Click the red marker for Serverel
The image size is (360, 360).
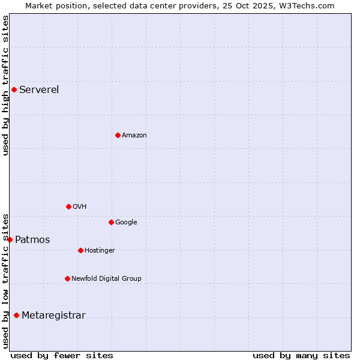[14, 90]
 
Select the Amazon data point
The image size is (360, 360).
[118, 135]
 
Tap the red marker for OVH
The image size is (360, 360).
[68, 206]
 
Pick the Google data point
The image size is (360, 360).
[111, 222]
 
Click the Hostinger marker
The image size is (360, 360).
[80, 250]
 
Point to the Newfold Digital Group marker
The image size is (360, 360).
[67, 278]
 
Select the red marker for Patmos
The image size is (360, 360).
[10, 239]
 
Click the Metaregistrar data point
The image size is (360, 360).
[16, 315]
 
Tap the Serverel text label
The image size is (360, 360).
[39, 90]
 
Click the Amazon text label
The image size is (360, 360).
[134, 135]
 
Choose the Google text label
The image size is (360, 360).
[126, 222]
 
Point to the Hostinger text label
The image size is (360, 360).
[100, 250]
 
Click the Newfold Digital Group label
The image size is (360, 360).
[106, 278]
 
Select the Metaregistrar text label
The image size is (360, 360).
[53, 316]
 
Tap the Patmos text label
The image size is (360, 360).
[32, 240]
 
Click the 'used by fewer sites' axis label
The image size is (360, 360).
[62, 355]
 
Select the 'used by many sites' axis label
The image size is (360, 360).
[301, 355]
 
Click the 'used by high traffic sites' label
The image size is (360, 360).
[5, 85]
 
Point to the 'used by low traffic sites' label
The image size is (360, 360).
[5, 281]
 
